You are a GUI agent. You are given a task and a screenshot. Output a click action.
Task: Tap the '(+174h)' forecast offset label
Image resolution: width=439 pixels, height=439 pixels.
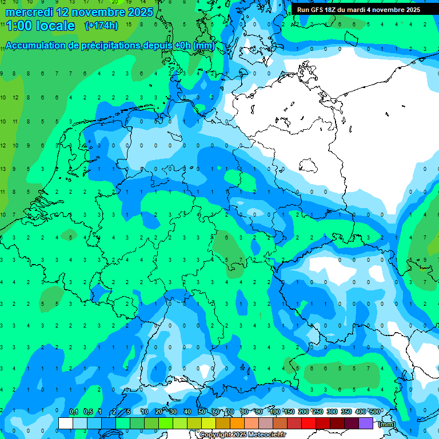pyautogui.click(x=101, y=26)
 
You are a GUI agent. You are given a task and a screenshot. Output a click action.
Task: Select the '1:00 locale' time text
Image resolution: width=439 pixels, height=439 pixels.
pyautogui.click(x=40, y=26)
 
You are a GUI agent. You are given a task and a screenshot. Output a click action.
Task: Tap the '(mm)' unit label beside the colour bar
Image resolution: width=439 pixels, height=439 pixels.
pyautogui.click(x=387, y=424)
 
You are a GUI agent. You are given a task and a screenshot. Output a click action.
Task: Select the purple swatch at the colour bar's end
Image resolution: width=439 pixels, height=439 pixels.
pyautogui.click(x=366, y=423)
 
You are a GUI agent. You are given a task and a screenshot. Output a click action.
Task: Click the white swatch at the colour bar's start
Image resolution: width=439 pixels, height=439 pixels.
pyautogui.click(x=66, y=423)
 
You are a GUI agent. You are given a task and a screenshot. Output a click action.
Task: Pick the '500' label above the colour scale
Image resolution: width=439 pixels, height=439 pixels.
pyautogui.click(x=375, y=412)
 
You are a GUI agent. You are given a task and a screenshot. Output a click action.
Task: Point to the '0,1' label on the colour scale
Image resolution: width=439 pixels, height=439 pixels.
pyautogui.click(x=74, y=412)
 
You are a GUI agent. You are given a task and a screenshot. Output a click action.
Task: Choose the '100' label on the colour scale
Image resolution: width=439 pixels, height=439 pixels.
pyautogui.click(x=275, y=412)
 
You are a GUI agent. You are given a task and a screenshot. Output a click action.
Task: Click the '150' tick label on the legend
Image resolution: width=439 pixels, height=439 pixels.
pyautogui.click(x=289, y=412)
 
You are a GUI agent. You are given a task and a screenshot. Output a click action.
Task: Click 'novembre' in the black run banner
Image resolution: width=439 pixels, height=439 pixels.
pyautogui.click(x=389, y=10)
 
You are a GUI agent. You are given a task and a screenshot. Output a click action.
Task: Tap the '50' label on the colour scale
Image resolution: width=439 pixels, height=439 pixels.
pyautogui.click(x=202, y=412)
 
